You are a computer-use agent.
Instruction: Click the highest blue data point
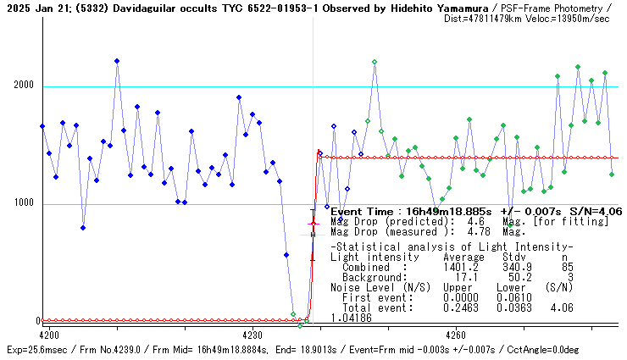[117, 61]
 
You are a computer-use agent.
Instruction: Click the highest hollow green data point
[374, 62]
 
